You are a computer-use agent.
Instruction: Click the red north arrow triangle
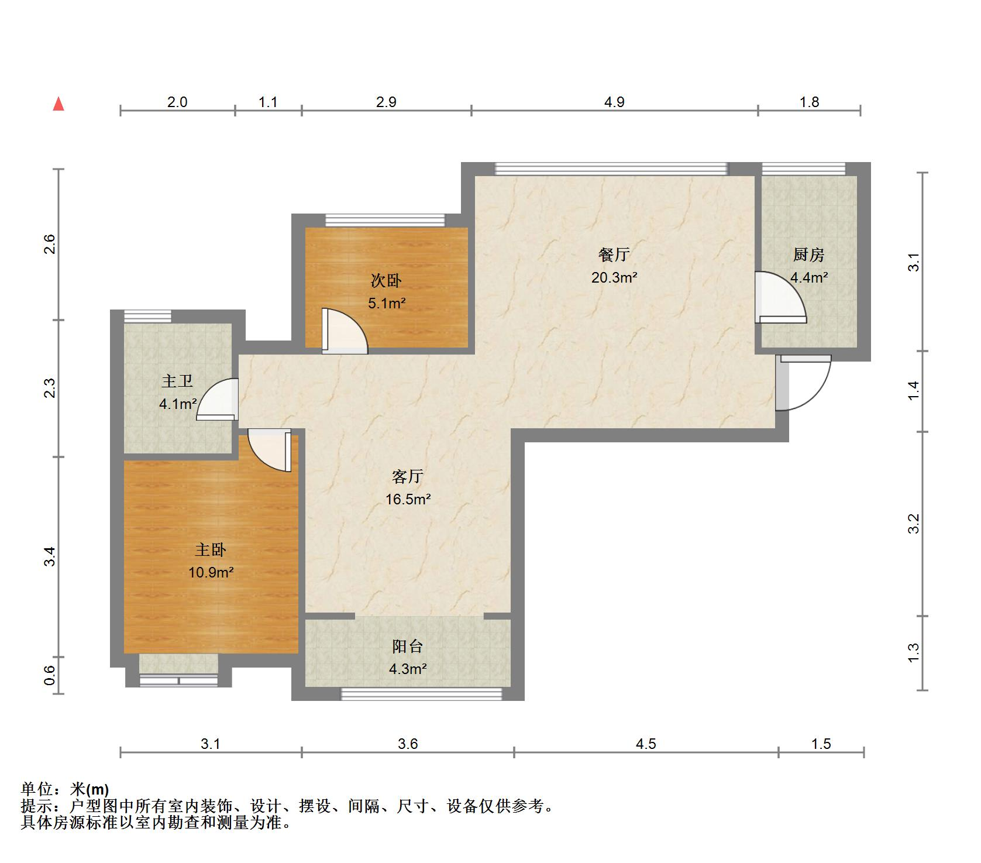(58, 104)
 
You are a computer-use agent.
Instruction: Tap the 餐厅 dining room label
(614, 255)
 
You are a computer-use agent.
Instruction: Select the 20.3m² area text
(614, 277)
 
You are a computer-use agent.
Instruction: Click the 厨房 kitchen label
(809, 255)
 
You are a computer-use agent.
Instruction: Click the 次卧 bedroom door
(345, 331)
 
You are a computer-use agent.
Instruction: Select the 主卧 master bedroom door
(270, 451)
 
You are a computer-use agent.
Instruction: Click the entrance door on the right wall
(803, 383)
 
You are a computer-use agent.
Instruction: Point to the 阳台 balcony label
(407, 647)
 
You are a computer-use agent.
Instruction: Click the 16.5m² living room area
(408, 499)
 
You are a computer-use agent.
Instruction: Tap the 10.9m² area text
(211, 572)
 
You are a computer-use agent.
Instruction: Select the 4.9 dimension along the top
(614, 102)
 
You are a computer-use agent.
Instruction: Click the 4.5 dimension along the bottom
(646, 744)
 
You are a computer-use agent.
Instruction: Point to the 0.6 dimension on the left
(50, 675)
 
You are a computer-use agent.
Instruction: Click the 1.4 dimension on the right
(914, 391)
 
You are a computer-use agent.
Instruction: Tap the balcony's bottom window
(422, 694)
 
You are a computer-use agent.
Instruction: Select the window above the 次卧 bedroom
(385, 221)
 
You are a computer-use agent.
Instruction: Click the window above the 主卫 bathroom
(147, 316)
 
